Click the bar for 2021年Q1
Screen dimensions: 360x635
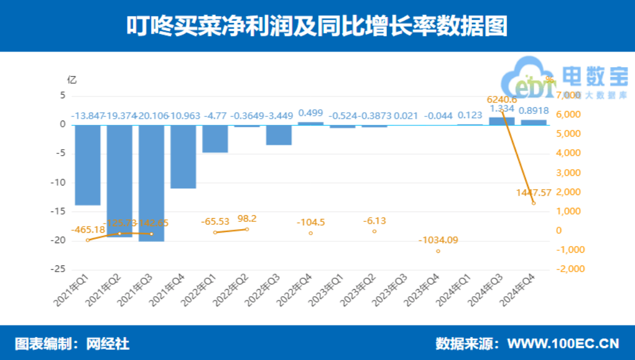pos(88,165)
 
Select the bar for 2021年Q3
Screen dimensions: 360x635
pos(151,183)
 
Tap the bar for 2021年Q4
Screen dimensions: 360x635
pos(183,156)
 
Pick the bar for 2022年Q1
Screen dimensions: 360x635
pos(215,139)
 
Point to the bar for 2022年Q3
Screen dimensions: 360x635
pos(278,135)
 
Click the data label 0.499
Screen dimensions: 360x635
pos(311,113)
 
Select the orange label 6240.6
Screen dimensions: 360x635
pos(502,99)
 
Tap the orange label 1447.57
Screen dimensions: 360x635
pos(534,193)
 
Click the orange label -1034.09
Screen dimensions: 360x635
pos(438,240)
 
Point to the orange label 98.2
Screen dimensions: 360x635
pos(247,218)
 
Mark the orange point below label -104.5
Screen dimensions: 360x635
pos(311,233)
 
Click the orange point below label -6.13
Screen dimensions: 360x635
pos(374,231)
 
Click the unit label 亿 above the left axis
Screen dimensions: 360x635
pos(72,79)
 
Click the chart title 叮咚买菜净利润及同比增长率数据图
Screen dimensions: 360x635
pos(317,26)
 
